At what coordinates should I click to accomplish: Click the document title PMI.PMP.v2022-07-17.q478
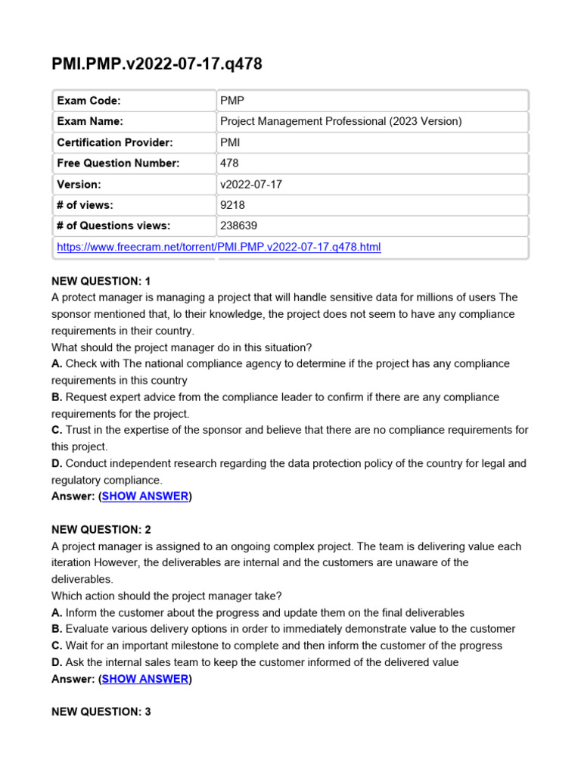coord(157,64)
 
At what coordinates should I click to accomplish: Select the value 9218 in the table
coord(232,204)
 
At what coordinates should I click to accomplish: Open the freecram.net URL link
coord(219,247)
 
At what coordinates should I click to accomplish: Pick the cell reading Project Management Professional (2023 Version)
coord(340,121)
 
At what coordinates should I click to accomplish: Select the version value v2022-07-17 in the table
coord(250,184)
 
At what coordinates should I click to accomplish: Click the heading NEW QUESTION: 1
coord(101,281)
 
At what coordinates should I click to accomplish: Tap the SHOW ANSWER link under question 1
coord(145,496)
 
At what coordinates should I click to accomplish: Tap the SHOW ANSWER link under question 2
coord(145,679)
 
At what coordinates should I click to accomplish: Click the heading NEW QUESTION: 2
coord(101,530)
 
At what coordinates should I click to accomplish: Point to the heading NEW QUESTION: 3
coord(101,712)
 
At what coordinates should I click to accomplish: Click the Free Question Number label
coord(118,163)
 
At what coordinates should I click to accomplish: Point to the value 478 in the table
coord(229,163)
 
